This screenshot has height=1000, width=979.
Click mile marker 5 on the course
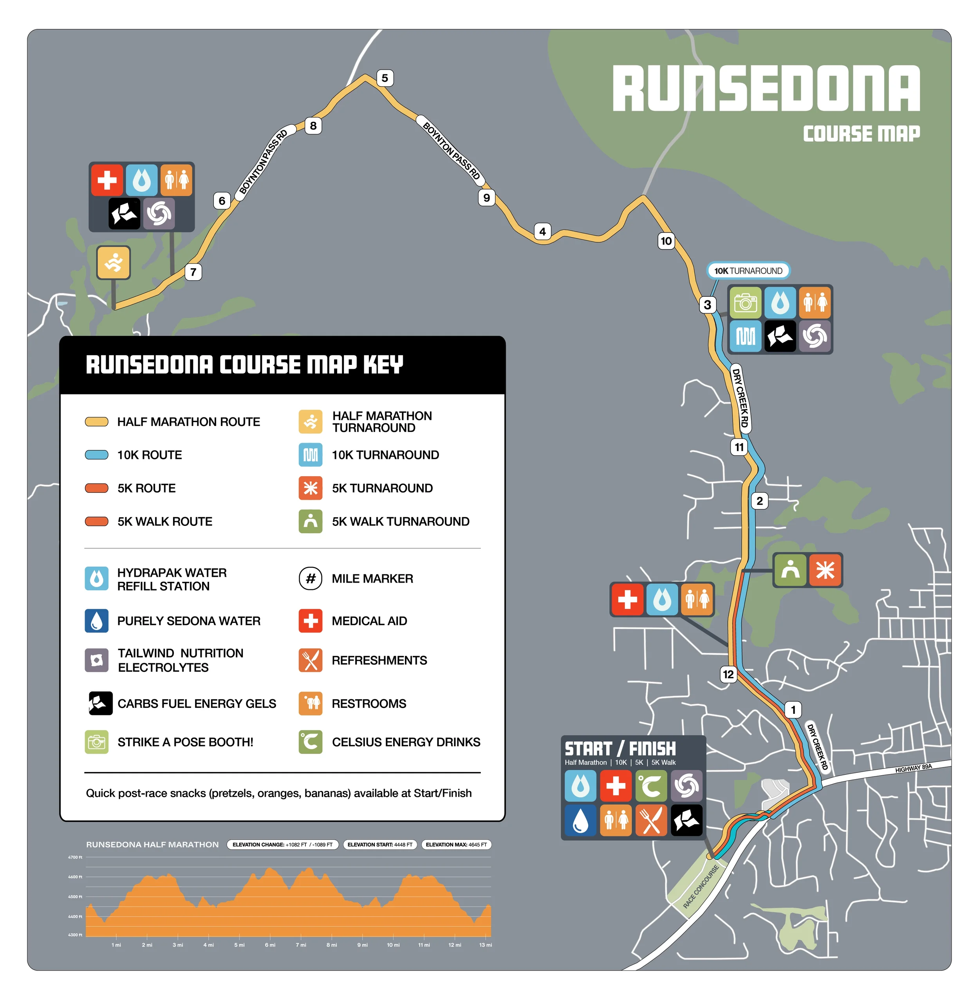(385, 78)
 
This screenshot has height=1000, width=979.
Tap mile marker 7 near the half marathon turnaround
(193, 272)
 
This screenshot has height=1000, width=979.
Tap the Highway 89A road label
(913, 769)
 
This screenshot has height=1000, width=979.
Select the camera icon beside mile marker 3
(745, 303)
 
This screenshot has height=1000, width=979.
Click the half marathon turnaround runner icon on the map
(114, 263)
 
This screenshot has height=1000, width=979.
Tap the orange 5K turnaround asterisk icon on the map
(825, 570)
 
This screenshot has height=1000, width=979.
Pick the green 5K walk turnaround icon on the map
(790, 570)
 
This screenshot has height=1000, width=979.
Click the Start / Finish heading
(620, 749)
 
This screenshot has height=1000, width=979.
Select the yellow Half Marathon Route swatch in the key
(97, 422)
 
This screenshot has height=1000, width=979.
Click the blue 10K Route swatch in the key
(97, 455)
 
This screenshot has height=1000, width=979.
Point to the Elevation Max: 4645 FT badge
(456, 845)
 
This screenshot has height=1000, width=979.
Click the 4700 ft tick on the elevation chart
(76, 857)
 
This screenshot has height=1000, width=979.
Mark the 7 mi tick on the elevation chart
(301, 945)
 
